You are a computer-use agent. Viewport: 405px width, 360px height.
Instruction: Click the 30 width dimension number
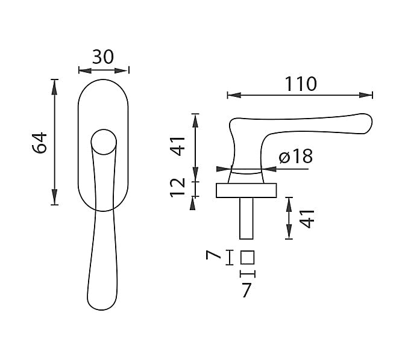coord(103,57)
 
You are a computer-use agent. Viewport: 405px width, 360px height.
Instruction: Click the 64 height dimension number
coord(39,143)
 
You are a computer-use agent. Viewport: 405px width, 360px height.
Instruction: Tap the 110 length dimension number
coord(301,84)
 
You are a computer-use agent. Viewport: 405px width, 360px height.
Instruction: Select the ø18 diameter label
coord(296,157)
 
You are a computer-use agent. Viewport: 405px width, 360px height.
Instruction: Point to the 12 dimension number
coord(177,188)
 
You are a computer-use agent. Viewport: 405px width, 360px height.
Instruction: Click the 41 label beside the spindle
coord(307,219)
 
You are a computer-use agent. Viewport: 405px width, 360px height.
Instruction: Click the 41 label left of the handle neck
coord(178,146)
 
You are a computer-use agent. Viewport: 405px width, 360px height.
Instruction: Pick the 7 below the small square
coord(246,290)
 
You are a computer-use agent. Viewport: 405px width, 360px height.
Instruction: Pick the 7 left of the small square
coord(213,255)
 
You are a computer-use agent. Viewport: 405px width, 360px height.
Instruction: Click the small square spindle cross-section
coord(248,258)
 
